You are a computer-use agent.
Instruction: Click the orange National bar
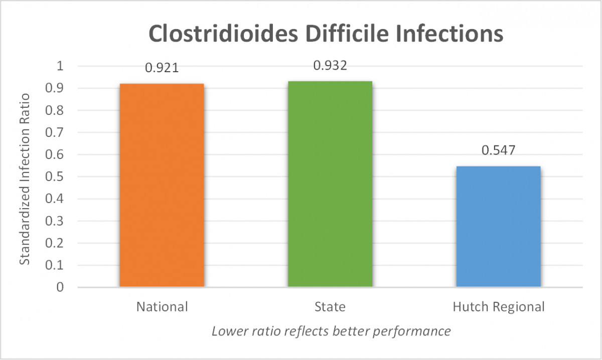(x=162, y=185)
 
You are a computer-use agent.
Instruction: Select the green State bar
(x=330, y=184)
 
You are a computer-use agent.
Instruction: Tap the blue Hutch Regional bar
(x=498, y=226)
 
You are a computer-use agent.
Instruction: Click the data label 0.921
(x=162, y=68)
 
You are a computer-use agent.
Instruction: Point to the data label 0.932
(x=330, y=66)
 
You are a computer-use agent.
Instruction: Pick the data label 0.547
(x=498, y=150)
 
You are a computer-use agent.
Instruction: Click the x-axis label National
(x=162, y=306)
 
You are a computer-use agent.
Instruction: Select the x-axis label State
(x=330, y=306)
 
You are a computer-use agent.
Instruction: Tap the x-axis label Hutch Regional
(x=498, y=306)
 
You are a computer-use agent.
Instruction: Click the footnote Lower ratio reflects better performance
(x=331, y=331)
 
